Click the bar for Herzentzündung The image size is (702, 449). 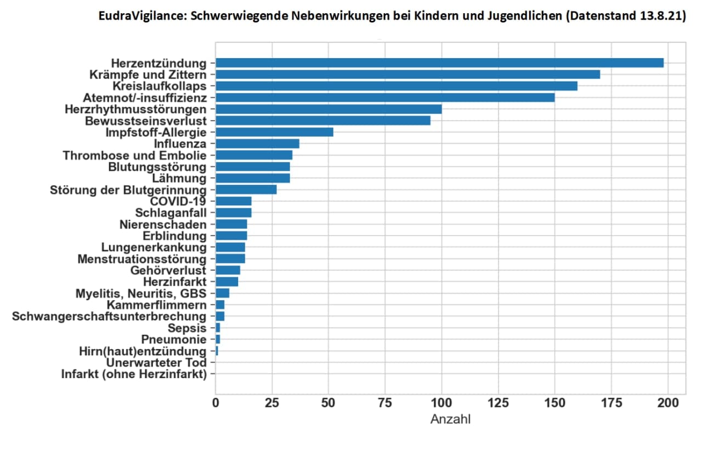click(x=439, y=63)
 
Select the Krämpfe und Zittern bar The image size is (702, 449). click(x=407, y=74)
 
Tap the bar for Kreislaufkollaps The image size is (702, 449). click(x=396, y=86)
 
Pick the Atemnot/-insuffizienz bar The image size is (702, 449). click(x=385, y=97)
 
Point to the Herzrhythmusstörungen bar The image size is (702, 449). click(x=329, y=109)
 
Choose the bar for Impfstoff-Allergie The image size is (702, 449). click(x=274, y=132)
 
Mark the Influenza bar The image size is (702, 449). click(x=257, y=143)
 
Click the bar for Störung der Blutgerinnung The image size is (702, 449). click(x=246, y=189)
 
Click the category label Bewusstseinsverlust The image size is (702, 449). click(x=146, y=120)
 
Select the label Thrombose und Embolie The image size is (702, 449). click(x=134, y=155)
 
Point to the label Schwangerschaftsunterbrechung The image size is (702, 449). click(x=109, y=316)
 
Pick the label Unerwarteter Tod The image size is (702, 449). click(x=156, y=363)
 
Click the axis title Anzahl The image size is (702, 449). click(x=450, y=420)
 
